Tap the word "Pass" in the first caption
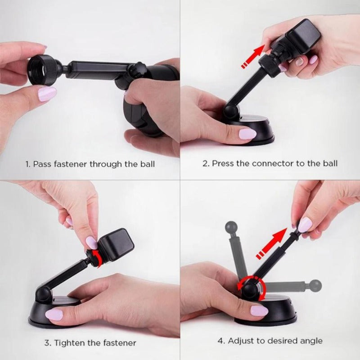(43, 164)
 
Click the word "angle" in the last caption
(311, 341)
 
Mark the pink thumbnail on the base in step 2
(247, 134)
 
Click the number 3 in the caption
(46, 343)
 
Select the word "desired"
(283, 341)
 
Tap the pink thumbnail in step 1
(47, 94)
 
